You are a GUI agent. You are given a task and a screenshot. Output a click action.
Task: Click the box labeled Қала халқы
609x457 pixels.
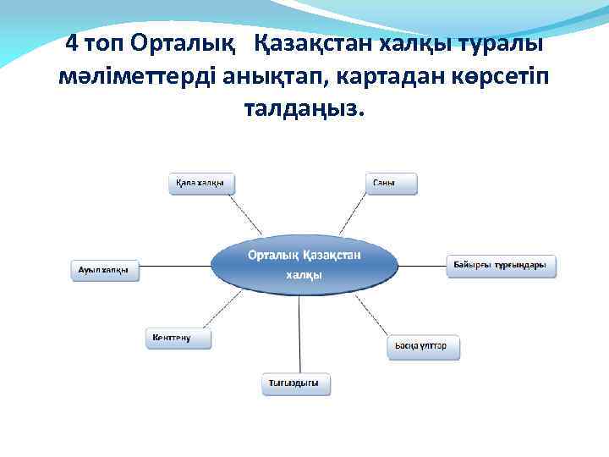(x=201, y=184)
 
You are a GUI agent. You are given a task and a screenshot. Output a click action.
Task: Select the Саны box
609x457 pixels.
(x=392, y=184)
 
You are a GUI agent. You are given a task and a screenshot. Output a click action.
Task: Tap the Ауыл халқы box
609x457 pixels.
(x=103, y=270)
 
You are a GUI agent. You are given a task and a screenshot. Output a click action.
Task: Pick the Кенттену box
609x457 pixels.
(x=178, y=338)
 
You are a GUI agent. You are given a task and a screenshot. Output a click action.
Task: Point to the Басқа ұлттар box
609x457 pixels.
(x=425, y=347)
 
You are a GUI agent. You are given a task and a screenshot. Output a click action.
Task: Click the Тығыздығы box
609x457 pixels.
(x=295, y=384)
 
